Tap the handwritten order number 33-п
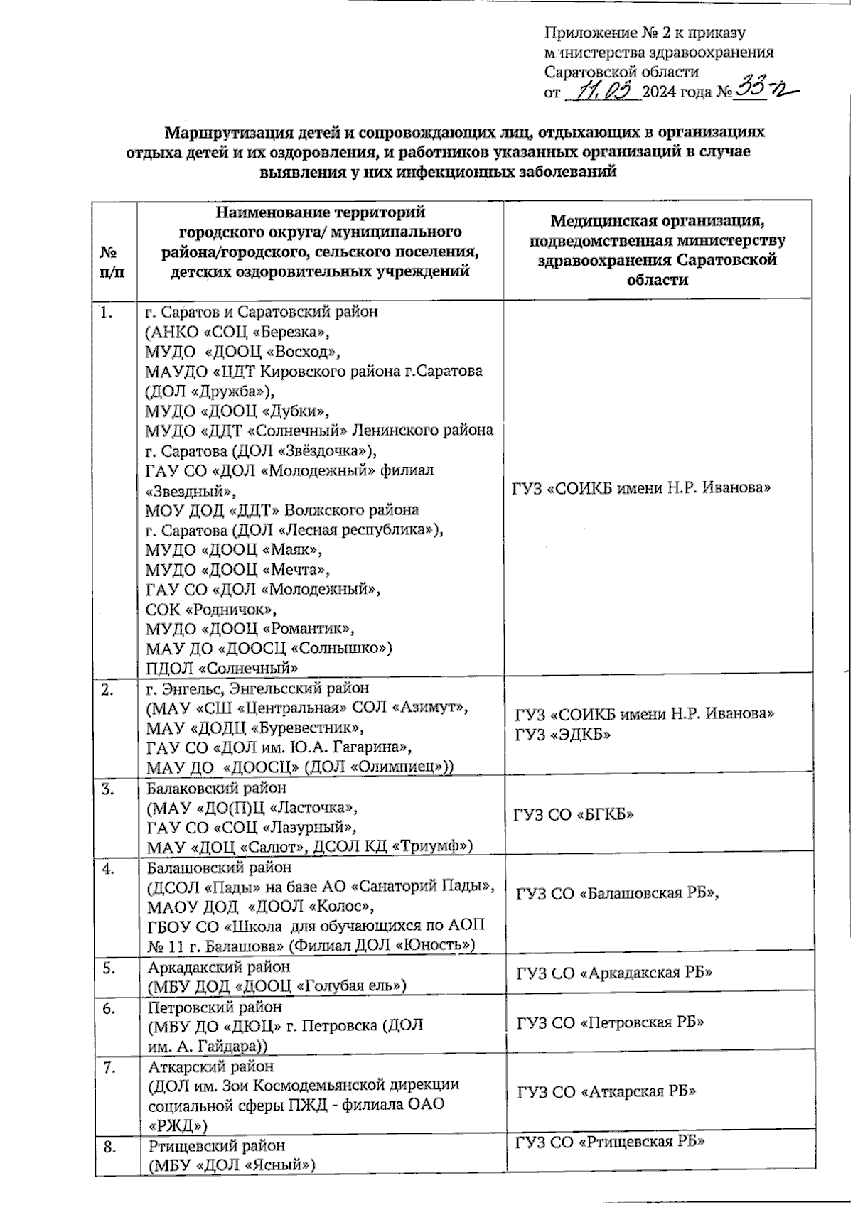[763, 90]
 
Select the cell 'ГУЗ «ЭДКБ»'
[564, 735]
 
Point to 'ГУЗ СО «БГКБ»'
[574, 815]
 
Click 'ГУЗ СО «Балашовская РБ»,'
[618, 894]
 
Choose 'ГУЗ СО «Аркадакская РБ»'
[614, 973]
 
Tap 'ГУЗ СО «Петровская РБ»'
[610, 1022]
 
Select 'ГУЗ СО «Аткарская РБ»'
[606, 1091]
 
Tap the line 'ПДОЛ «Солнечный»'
[221, 668]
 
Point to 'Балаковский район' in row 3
[216, 788]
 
